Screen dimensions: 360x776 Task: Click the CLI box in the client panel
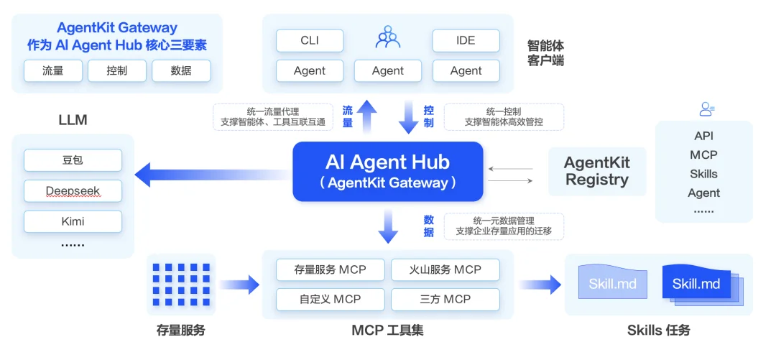310,41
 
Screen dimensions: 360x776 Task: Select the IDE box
466,41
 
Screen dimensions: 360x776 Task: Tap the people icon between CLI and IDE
388,37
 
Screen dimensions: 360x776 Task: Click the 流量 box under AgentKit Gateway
52,71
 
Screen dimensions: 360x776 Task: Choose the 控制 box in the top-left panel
116,71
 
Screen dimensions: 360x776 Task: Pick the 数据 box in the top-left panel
181,71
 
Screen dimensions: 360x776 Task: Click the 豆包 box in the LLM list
73,160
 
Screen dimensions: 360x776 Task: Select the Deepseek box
73,191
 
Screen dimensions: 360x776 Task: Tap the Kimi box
73,221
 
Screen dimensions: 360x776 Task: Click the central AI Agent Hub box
387,172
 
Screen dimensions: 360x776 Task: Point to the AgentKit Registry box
596,172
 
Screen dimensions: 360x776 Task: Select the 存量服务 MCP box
330,270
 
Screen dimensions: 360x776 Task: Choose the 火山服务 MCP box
445,270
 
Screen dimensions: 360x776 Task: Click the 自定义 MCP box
330,299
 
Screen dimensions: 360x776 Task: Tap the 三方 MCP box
445,299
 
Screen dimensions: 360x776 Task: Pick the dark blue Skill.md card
696,283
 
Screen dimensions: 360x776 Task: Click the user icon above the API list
706,110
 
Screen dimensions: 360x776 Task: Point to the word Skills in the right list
703,174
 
